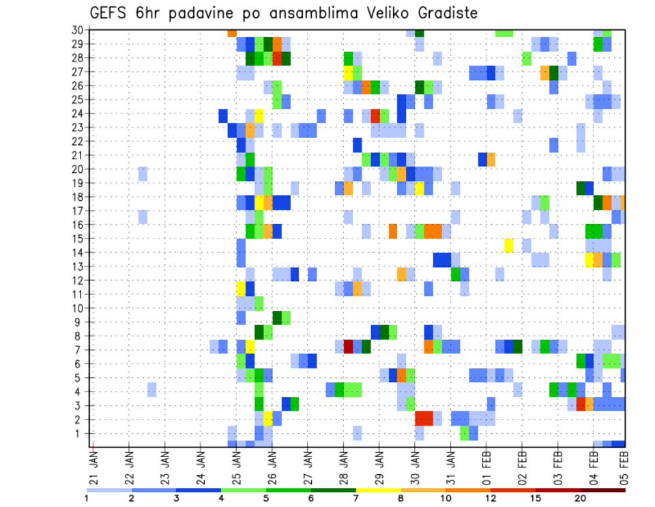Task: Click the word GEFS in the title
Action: click(109, 13)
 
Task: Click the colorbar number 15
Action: click(536, 498)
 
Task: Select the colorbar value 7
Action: click(355, 498)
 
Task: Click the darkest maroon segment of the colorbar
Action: click(602, 490)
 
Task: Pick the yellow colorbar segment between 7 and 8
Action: click(378, 490)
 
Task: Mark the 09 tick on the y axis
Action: click(79, 322)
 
